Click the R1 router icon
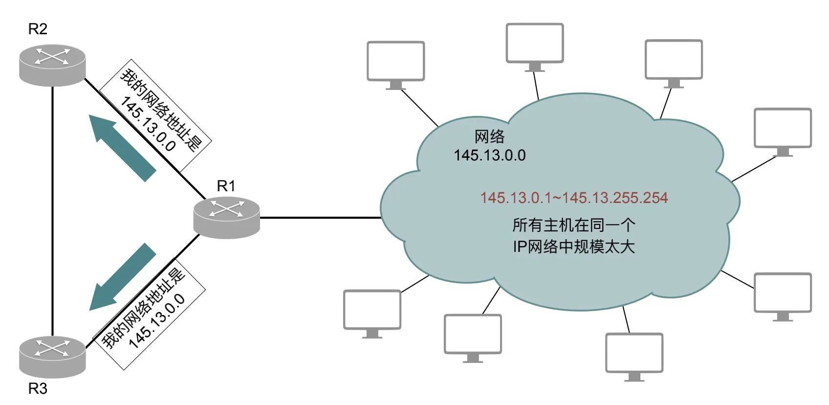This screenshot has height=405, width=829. [226, 218]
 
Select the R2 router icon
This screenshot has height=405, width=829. [52, 65]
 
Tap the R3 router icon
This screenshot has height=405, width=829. [52, 357]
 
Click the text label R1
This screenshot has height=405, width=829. [226, 186]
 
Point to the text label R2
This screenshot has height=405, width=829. [38, 29]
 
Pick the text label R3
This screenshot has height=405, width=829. [38, 389]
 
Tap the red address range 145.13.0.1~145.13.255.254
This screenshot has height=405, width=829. [574, 198]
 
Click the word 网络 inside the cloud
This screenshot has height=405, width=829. [489, 137]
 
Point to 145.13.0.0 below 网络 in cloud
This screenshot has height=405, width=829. [489, 156]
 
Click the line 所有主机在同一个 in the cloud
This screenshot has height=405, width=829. [574, 225]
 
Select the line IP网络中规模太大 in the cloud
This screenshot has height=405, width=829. [574, 247]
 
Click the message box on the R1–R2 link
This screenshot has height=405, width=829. [156, 116]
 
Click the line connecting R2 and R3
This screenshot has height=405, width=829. [52, 210]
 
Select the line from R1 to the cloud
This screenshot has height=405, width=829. [320, 218]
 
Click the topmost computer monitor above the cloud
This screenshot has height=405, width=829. [535, 44]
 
